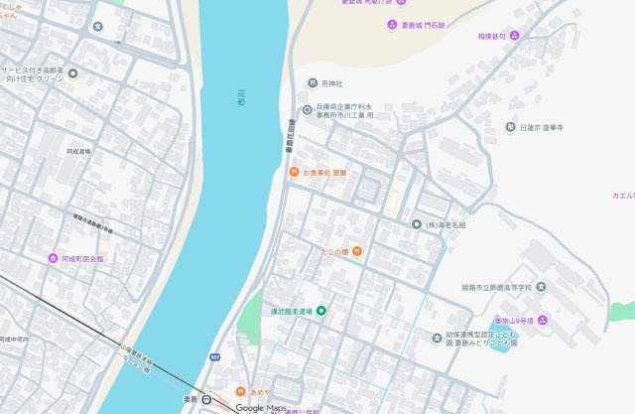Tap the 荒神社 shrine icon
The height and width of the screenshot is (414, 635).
pos(312,83)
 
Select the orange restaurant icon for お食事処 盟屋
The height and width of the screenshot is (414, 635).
pos(294,173)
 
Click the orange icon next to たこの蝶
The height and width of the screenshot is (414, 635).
pos(356,251)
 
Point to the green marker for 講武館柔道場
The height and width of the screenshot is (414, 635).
pos(320,312)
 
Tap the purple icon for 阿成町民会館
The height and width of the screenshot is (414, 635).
pos(53,258)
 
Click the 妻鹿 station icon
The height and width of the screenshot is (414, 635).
pos(207,399)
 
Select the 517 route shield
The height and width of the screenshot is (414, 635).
pos(214,356)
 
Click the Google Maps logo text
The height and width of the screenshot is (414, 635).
pos(261,408)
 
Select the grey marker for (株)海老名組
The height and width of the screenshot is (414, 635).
pos(417,224)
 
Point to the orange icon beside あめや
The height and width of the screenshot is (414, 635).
pos(239,392)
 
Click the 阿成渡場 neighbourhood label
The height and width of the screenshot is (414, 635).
pos(78,152)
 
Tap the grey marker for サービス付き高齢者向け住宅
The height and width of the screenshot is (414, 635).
pos(72,73)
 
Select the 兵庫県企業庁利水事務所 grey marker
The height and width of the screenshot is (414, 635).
pos(307,109)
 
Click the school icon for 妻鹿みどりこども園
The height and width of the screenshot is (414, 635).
pos(438,338)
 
